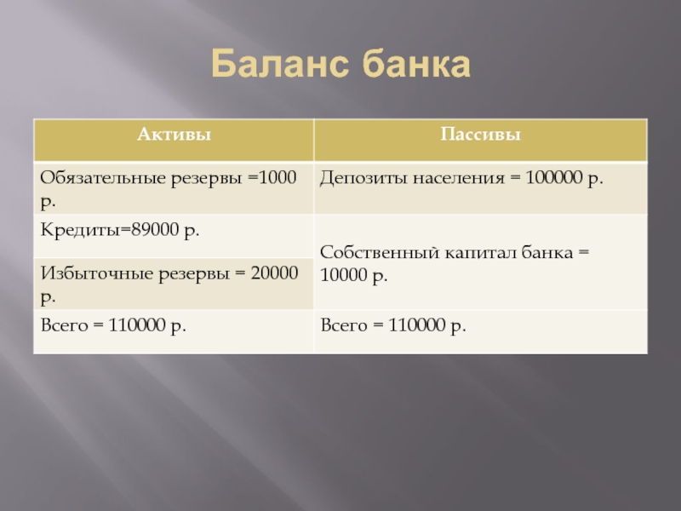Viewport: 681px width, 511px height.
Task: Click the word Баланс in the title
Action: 280,63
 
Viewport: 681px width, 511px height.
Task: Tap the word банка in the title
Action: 416,63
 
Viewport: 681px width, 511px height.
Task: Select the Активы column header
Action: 174,135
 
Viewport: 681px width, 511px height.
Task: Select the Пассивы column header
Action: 480,135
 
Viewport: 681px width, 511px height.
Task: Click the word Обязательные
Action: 103,178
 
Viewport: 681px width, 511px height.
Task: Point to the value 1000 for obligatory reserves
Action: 278,177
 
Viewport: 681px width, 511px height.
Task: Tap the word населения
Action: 458,179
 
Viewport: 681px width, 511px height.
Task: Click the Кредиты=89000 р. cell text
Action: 120,229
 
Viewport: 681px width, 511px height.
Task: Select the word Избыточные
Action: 97,273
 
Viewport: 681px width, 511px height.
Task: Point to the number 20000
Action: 274,273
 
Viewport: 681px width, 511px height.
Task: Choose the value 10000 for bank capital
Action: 344,274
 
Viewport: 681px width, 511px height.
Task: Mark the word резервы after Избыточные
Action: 194,274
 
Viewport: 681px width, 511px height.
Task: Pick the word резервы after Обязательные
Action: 206,179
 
